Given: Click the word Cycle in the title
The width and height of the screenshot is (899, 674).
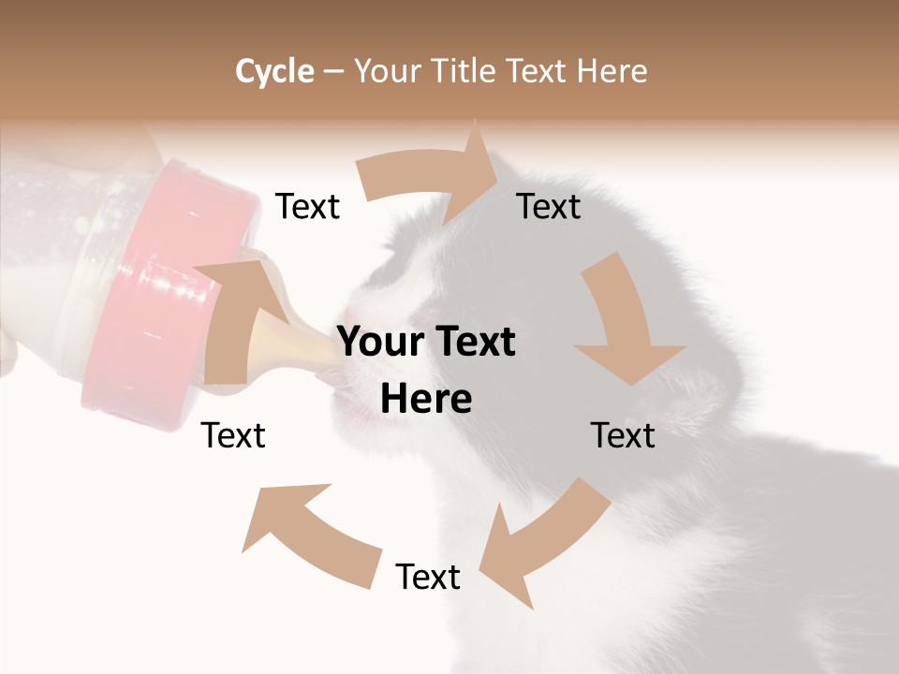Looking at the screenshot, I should tap(274, 71).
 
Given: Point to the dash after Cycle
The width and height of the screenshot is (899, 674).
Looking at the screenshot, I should tap(333, 72).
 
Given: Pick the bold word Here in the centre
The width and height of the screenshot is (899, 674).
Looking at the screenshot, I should tap(426, 400).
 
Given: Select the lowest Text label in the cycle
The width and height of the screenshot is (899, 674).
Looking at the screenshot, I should tap(428, 577).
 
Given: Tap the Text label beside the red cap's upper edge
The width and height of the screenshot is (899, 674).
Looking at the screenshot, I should tap(307, 207).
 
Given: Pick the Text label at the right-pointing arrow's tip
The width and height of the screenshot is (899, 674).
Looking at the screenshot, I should tap(549, 207).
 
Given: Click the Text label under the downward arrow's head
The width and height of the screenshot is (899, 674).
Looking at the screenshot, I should tap(623, 436).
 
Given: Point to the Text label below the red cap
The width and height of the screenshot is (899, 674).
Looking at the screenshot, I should tap(234, 436).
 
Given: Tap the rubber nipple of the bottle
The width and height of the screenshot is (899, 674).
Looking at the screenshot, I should tap(290, 337).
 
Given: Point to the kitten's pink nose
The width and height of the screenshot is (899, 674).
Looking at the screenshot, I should tap(350, 315).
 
